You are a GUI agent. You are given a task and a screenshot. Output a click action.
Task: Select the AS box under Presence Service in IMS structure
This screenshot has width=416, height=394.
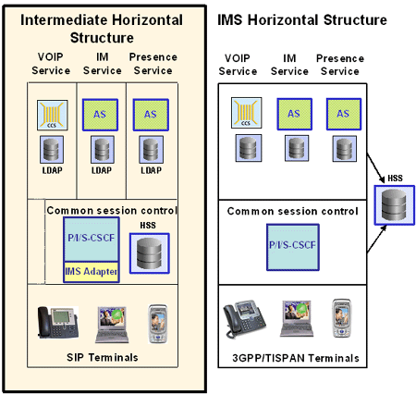tap(341, 113)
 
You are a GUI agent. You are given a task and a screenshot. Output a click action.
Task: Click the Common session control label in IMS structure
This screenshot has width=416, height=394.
tap(292, 212)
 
